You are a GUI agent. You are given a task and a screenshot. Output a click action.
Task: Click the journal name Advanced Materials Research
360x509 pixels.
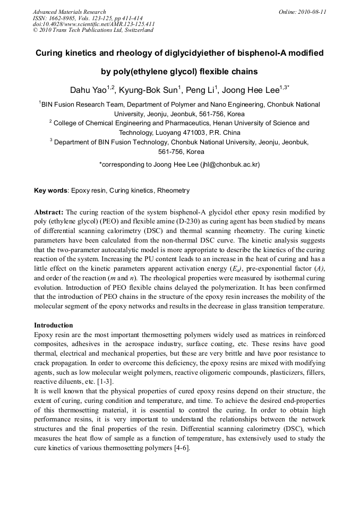(x=69, y=12)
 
